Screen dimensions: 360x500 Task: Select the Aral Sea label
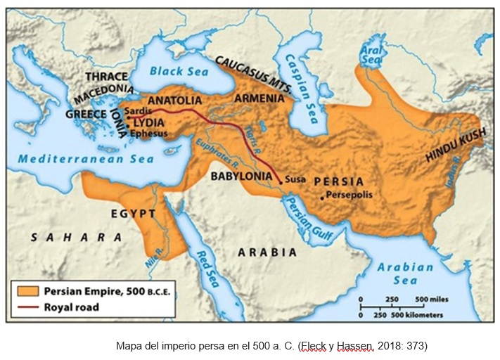(370, 55)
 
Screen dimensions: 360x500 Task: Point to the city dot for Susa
(280, 182)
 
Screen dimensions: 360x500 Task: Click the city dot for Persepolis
(321, 198)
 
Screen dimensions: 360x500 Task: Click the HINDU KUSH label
(454, 146)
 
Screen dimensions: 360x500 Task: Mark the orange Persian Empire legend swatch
(27, 290)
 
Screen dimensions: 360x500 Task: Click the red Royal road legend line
(27, 307)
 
